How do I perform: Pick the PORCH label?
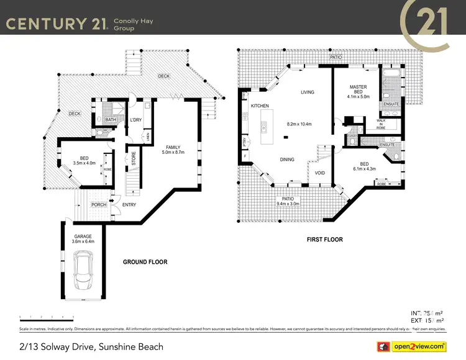pos(98,204)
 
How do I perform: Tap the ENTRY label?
pos(129,204)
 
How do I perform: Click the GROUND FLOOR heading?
pos(145,262)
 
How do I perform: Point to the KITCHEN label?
pos(260,106)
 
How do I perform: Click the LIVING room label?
pos(308,92)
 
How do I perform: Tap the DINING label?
pos(287,160)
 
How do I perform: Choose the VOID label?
pos(320,173)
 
